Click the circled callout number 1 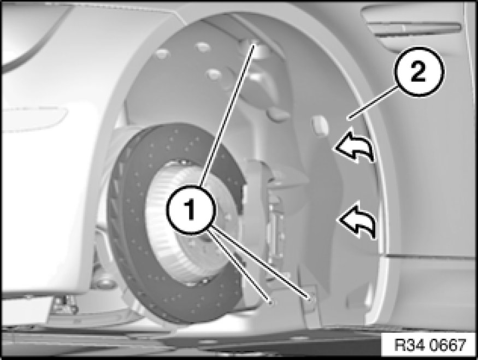coord(191,209)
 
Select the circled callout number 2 coord(419,72)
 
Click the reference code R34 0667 coord(430,345)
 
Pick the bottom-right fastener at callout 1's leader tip coord(310,298)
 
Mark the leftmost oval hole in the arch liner coord(162,54)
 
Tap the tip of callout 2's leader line coord(350,119)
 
